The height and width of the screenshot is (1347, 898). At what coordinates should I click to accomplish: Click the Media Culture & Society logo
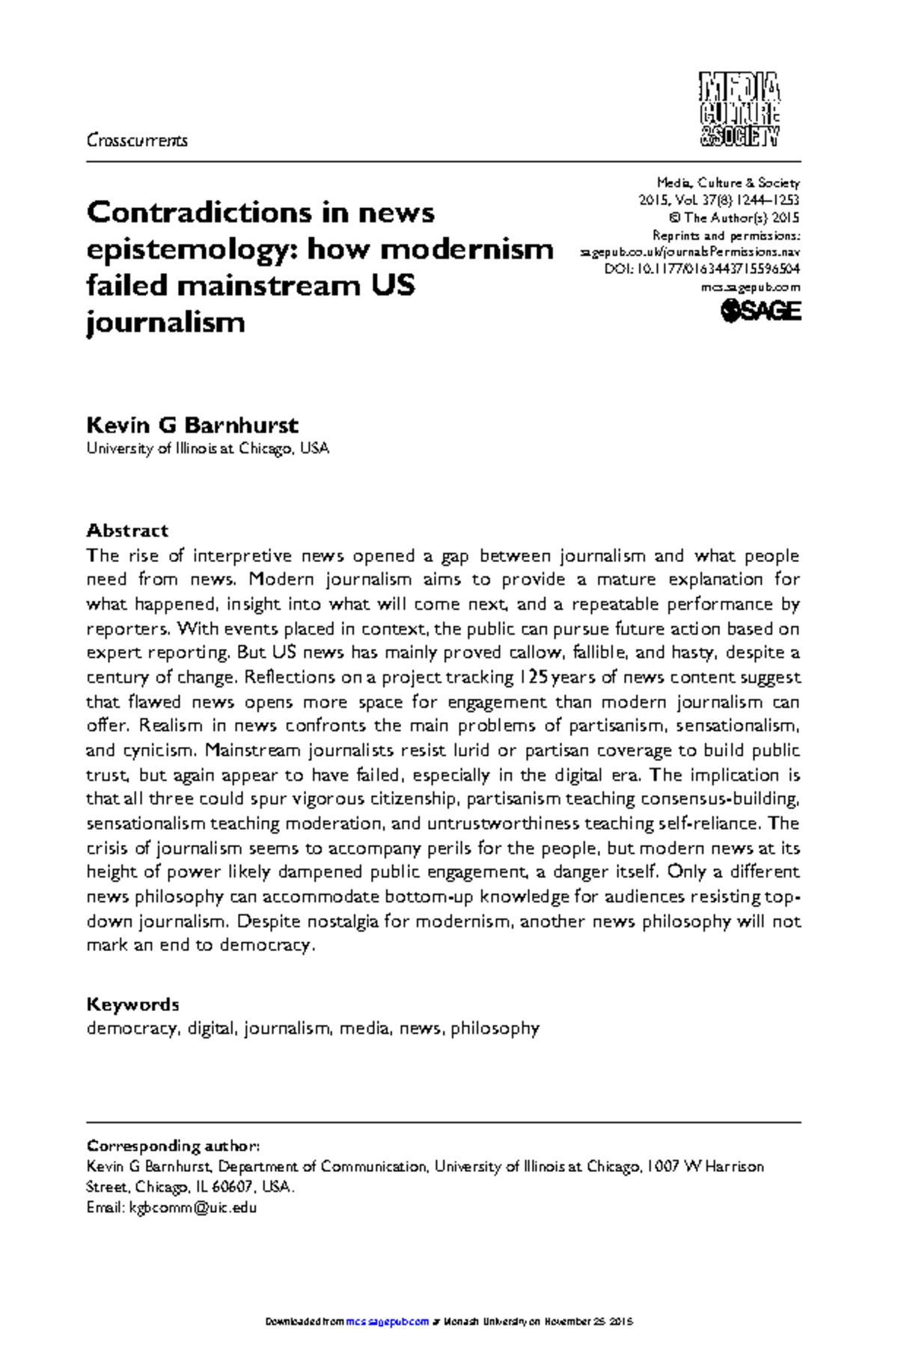point(739,109)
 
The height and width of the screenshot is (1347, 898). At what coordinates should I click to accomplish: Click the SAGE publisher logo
point(760,311)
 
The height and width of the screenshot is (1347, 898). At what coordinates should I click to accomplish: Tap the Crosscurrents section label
point(137,140)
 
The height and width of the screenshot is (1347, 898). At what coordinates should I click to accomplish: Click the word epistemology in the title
point(187,249)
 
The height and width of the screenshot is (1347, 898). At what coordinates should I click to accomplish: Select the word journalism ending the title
point(165,323)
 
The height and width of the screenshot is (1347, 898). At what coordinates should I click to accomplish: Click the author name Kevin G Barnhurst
point(192,425)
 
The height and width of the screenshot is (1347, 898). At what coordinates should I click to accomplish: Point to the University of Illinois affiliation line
point(207,449)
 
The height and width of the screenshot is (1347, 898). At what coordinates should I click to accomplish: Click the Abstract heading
point(127,531)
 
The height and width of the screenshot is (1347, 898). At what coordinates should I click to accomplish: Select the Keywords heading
point(132,1004)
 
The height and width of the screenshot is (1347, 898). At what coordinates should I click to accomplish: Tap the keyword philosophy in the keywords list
point(495,1028)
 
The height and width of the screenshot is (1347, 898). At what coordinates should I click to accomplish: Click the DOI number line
point(702,269)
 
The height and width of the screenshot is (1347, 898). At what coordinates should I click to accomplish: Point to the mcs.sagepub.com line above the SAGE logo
point(751,287)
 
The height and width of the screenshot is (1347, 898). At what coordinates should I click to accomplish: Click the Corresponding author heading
point(173,1146)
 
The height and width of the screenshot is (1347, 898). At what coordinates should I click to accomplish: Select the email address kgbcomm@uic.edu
point(193,1207)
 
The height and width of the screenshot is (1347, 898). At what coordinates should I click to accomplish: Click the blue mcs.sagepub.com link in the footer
point(388,1322)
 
